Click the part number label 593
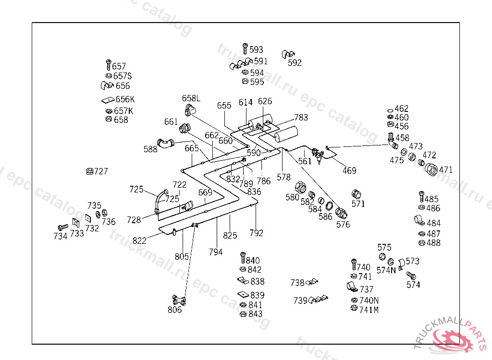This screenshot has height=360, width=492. click(x=257, y=49)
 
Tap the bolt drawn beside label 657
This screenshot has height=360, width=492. click(x=109, y=65)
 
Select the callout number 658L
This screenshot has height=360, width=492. click(x=191, y=98)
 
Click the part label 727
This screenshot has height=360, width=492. click(x=101, y=171)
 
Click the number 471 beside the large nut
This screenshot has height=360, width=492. click(x=446, y=169)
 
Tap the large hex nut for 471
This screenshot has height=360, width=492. click(x=431, y=168)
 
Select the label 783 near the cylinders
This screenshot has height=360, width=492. click(x=301, y=118)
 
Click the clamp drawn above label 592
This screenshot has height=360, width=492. click(x=289, y=53)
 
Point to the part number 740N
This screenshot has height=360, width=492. click(x=369, y=300)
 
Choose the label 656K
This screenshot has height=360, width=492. click(x=125, y=99)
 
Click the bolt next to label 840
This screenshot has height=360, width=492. click(x=243, y=259)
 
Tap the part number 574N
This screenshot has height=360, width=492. click(x=386, y=270)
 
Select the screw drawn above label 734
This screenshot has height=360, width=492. click(x=62, y=227)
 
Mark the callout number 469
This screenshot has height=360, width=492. click(x=349, y=170)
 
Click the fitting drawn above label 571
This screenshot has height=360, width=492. click(x=357, y=194)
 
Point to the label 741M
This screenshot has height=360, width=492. click(x=369, y=310)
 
